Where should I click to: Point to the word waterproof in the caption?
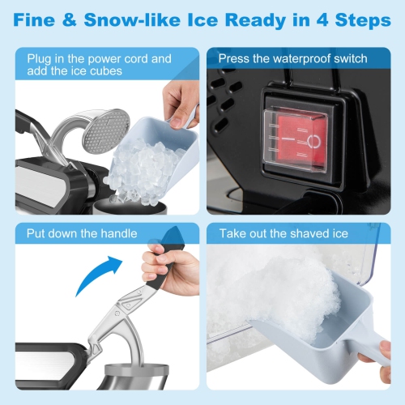(x=300, y=58)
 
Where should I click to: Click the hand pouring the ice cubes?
(x=180, y=101)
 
